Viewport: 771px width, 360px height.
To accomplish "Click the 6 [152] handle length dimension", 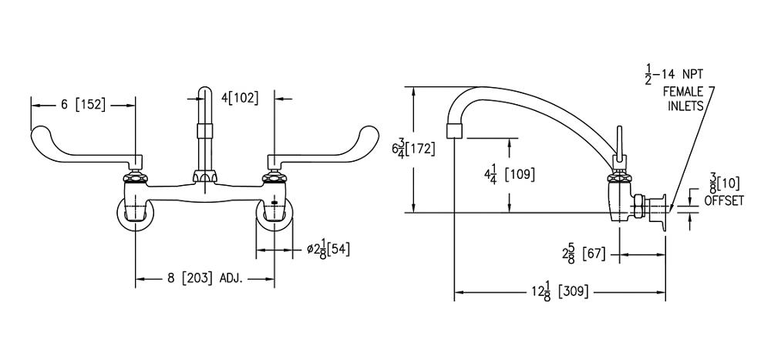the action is click(83, 105).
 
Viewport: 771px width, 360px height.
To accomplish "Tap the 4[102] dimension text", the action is click(240, 98).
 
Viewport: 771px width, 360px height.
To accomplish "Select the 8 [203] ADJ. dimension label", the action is click(206, 278).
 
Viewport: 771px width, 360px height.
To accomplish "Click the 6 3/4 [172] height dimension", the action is click(413, 149).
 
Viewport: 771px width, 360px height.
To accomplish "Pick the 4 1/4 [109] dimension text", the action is click(508, 174).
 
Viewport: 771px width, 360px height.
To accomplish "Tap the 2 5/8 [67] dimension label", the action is click(584, 254).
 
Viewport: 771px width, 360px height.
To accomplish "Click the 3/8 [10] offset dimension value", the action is click(722, 183).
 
